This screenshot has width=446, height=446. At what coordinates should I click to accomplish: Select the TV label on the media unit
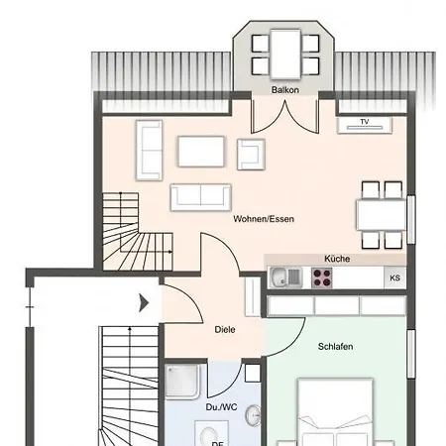pyautogui.click(x=365, y=123)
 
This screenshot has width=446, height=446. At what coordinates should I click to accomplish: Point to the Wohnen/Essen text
pyautogui.click(x=264, y=219)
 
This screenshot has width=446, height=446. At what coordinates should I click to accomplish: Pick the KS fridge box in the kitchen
pyautogui.click(x=394, y=279)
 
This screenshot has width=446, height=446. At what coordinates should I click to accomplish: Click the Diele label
pyautogui.click(x=225, y=329)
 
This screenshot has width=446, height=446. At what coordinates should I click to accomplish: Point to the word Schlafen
pyautogui.click(x=336, y=346)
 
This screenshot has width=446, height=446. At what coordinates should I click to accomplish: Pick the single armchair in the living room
pyautogui.click(x=253, y=153)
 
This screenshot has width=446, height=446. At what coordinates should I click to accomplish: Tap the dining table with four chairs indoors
pyautogui.click(x=383, y=213)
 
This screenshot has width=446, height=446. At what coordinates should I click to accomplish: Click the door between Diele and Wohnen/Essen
pyautogui.click(x=220, y=256)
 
